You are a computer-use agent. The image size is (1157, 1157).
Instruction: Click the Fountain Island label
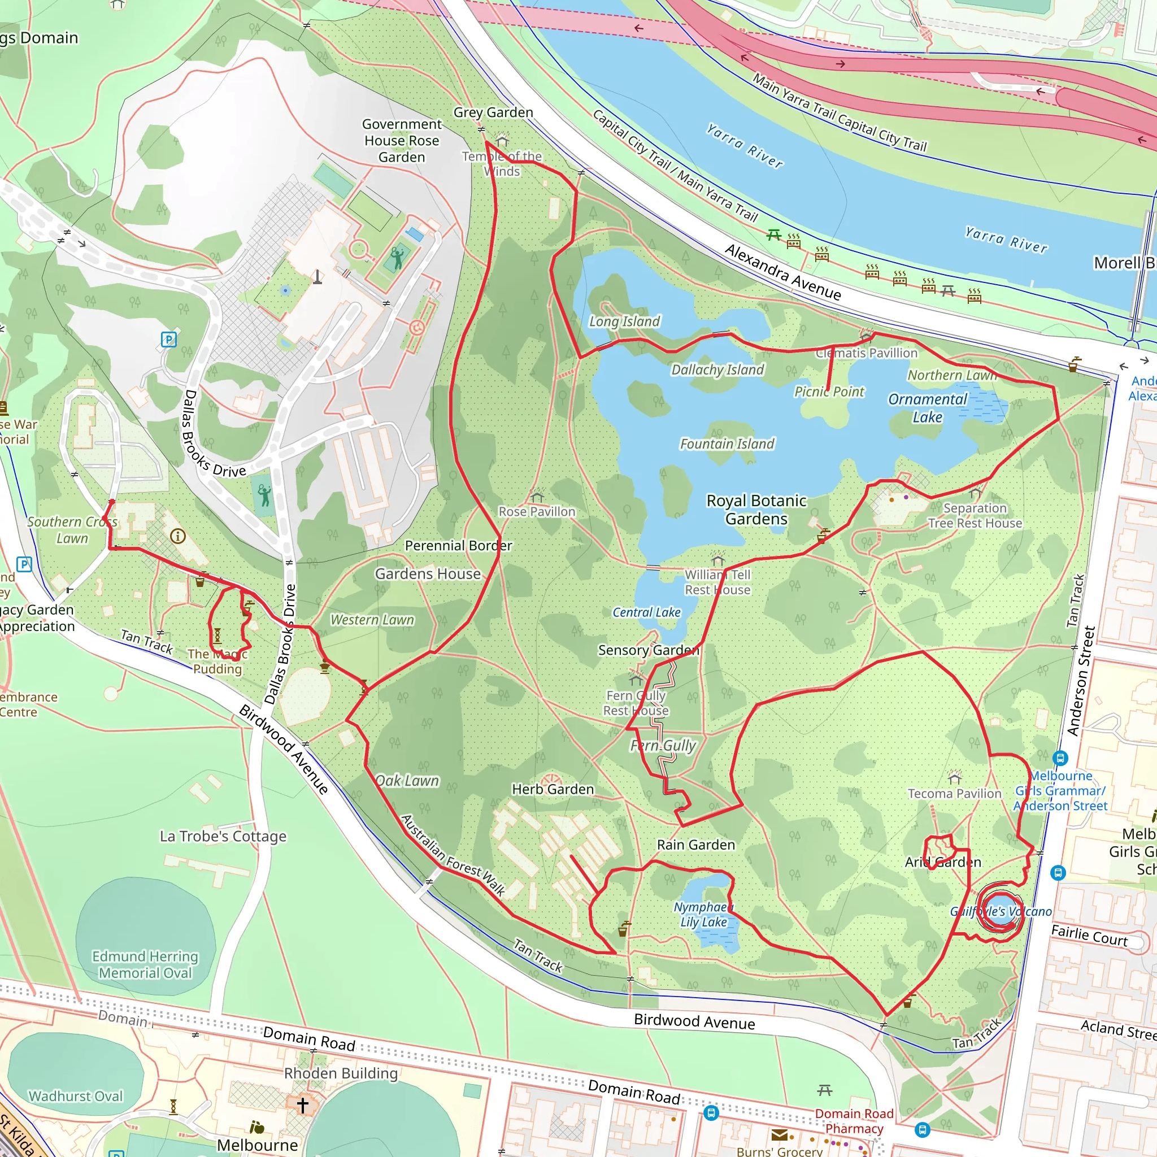coord(727,443)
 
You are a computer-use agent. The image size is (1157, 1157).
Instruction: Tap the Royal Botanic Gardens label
coord(756,509)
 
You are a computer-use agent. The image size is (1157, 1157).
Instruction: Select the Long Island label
coord(624,321)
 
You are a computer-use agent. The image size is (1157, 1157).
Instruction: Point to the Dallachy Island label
coord(717,369)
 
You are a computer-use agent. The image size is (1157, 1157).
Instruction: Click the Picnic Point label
coord(829,392)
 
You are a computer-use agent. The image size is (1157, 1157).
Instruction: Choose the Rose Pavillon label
coord(537,511)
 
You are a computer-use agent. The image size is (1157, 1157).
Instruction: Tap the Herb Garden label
coord(552,789)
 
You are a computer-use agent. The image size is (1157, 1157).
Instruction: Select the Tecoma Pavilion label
coord(954,794)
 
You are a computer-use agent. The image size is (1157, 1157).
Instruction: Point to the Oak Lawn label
coord(407,781)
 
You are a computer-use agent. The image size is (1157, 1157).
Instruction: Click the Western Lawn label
coord(372,620)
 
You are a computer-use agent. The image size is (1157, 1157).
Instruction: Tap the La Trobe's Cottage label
coord(223,836)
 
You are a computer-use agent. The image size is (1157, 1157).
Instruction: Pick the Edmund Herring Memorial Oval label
coord(145,964)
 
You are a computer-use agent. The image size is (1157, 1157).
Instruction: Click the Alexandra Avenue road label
coord(782,272)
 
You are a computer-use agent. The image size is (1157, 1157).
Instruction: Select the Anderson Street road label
coord(1081,681)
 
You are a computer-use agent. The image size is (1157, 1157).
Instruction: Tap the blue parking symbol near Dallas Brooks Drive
coord(169,340)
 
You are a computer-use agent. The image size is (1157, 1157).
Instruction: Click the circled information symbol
coord(177,536)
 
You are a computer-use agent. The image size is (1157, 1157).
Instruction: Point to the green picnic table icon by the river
coord(774,235)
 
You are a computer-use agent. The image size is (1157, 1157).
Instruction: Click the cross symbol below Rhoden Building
coord(302,1105)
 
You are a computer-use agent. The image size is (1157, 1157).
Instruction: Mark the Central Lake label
coord(646,612)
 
